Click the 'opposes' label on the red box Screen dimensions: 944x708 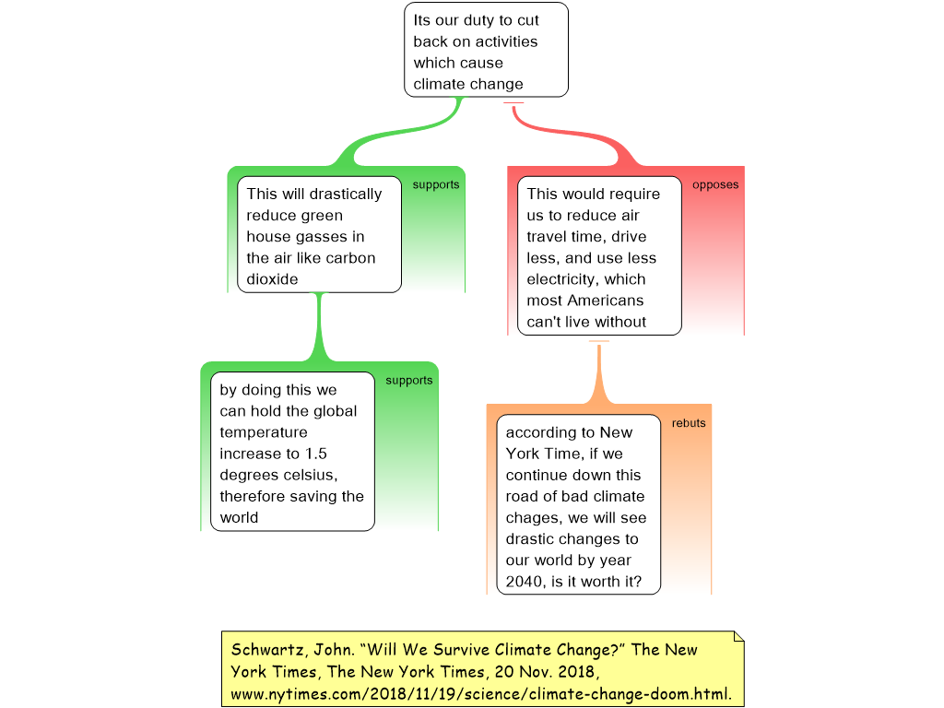click(715, 184)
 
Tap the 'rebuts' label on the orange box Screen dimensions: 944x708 click(689, 423)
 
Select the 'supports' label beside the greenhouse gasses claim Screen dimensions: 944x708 click(436, 184)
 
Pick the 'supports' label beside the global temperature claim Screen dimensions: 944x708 click(409, 381)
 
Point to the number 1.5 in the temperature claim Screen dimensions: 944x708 click(315, 454)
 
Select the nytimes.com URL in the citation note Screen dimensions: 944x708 click(481, 694)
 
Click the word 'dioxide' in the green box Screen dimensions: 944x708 click(272, 279)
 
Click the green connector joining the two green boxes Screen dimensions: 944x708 click(319, 327)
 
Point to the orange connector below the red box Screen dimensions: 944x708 click(598, 372)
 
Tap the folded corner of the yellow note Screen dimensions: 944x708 click(738, 637)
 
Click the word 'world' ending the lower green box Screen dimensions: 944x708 click(239, 518)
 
